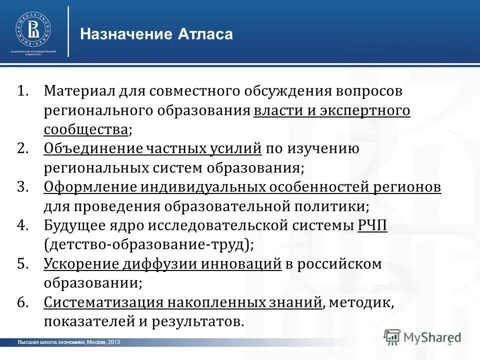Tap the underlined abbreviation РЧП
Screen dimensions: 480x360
[372, 225]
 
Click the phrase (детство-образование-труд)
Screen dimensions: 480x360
[148, 244]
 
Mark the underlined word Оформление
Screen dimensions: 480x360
[89, 187]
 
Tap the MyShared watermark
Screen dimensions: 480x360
[423, 337]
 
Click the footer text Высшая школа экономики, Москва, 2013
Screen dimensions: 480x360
[68, 342]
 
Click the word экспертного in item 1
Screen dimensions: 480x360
[364, 110]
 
